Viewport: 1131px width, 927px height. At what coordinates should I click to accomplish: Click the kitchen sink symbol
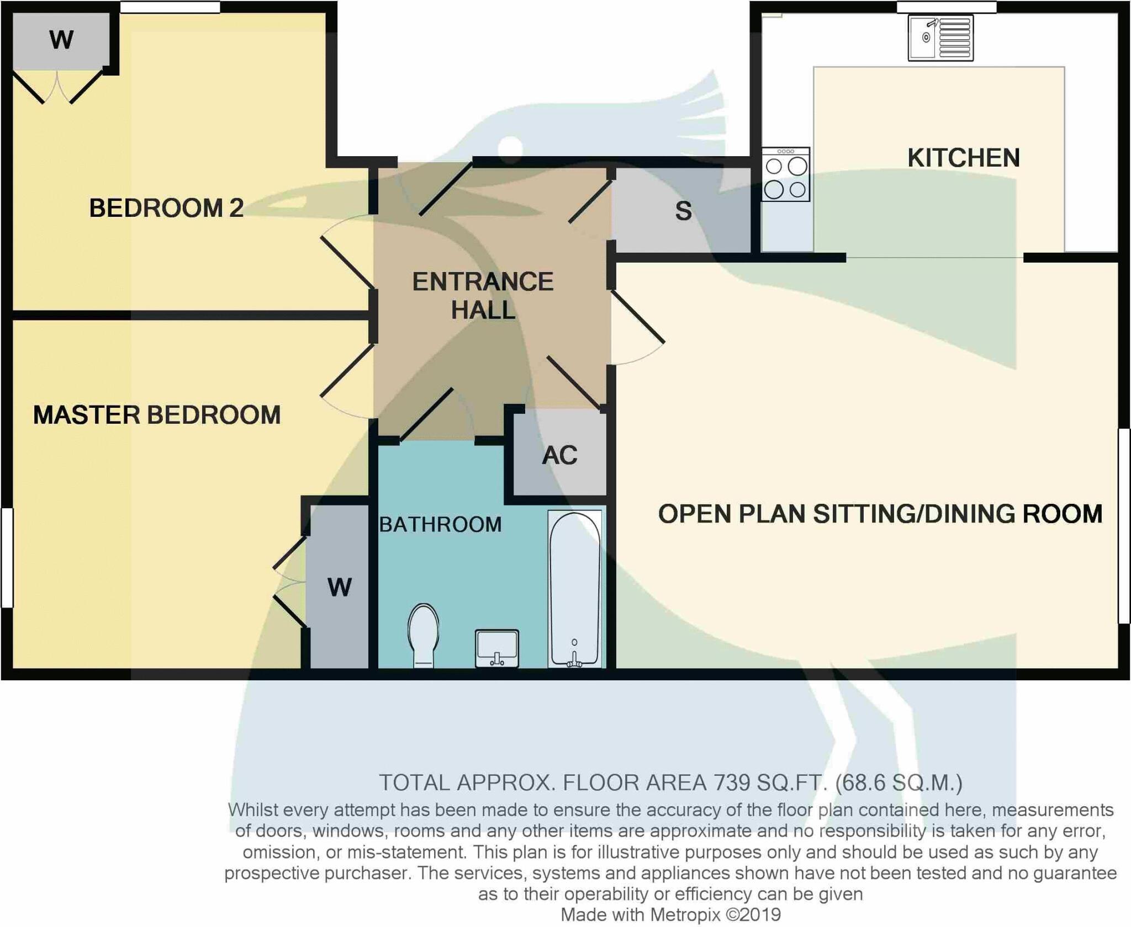(x=940, y=38)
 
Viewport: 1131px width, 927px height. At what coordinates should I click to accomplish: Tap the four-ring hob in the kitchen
(x=785, y=174)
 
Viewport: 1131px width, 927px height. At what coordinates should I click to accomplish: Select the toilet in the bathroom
(x=424, y=635)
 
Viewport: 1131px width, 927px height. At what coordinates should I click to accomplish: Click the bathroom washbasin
(x=497, y=648)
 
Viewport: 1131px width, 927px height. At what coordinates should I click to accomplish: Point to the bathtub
(x=574, y=588)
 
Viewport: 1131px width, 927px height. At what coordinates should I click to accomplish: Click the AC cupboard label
(x=559, y=455)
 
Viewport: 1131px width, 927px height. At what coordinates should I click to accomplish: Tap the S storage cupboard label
(x=683, y=211)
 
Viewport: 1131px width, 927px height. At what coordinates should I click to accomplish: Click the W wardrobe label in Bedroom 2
(x=61, y=40)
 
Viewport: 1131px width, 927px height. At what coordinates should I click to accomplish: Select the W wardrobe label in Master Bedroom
(x=339, y=587)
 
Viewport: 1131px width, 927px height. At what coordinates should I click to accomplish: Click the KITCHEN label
(x=964, y=158)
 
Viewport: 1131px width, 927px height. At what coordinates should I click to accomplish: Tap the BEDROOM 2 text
(x=166, y=208)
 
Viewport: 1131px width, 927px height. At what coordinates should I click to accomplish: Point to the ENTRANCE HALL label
(x=483, y=295)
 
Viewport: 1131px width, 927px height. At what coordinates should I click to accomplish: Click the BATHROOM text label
(x=440, y=524)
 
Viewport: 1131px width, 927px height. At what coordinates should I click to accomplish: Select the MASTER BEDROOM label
(x=157, y=415)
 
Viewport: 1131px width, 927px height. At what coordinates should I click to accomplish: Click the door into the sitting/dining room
(x=637, y=317)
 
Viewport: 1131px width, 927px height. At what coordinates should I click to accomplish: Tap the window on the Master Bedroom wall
(x=7, y=557)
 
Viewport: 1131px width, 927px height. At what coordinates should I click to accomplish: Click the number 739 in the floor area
(x=732, y=782)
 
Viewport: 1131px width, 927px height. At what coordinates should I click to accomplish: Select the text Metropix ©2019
(x=715, y=914)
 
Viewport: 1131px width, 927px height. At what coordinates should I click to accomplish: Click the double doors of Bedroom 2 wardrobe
(x=57, y=87)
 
